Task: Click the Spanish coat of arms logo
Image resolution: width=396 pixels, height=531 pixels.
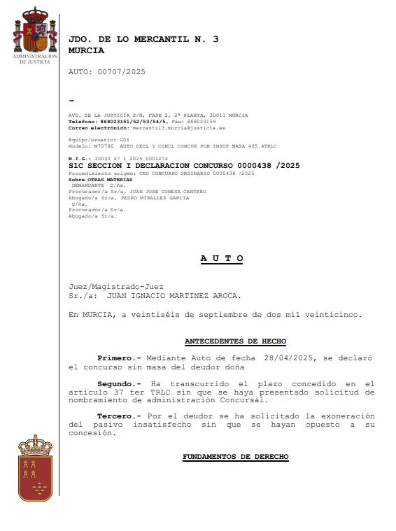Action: tap(34, 31)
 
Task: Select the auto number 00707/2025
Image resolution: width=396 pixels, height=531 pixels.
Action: tap(122, 72)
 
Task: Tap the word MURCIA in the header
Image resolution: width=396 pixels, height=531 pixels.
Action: tap(86, 50)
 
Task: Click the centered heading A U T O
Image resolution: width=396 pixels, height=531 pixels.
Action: tap(221, 258)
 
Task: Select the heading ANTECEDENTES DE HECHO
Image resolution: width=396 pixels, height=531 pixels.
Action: tap(235, 341)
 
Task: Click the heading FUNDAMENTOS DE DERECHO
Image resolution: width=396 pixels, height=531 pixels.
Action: tap(235, 457)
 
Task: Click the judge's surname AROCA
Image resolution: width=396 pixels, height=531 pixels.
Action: tap(225, 296)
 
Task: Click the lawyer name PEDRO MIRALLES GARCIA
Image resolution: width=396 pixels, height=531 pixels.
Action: tap(151, 197)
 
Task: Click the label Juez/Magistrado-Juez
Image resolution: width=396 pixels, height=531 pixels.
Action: tap(115, 286)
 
